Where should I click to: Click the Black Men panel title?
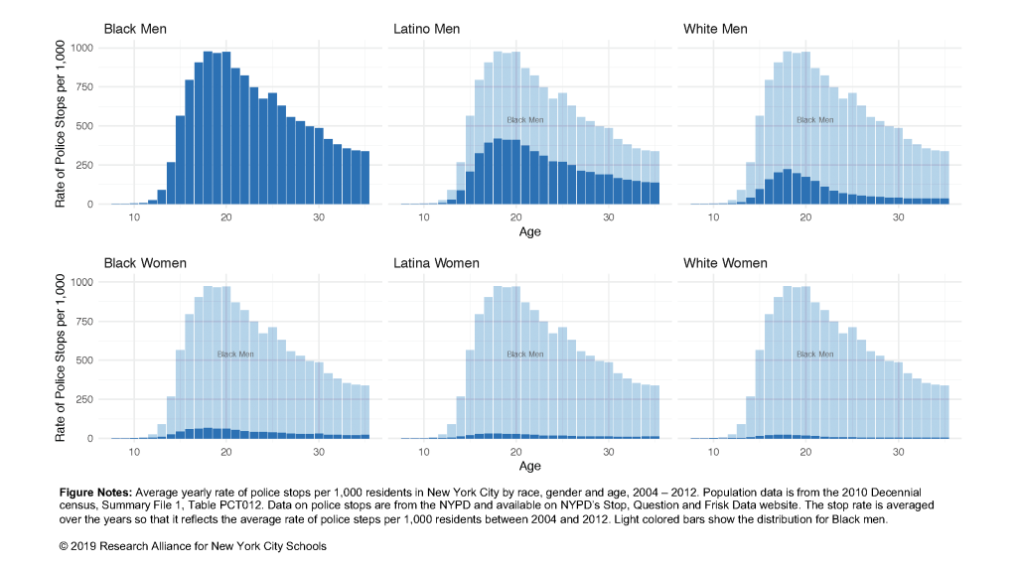135,29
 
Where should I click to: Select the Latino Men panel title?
426,29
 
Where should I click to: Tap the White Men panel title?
715,29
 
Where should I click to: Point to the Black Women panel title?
145,263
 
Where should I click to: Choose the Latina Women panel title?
436,263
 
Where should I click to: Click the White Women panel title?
725,263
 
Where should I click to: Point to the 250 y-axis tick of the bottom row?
87,399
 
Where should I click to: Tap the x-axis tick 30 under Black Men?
319,217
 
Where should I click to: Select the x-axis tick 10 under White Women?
713,452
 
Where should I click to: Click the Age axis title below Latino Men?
530,232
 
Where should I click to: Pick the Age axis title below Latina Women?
530,466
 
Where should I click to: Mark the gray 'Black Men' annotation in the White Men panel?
814,120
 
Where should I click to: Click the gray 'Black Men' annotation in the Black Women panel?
235,355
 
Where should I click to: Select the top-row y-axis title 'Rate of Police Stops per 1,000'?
61,124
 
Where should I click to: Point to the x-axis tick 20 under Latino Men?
516,217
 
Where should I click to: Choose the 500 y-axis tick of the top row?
87,126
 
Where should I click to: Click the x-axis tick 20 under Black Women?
226,452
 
